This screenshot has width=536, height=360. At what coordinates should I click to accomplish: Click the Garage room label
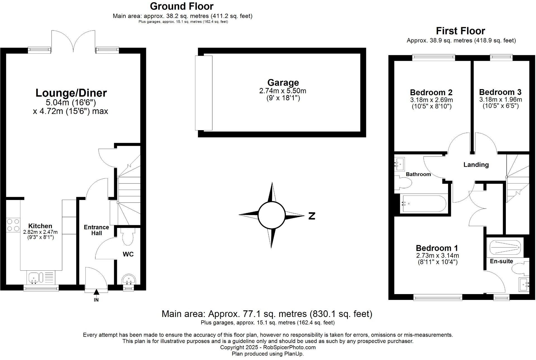(x=283, y=83)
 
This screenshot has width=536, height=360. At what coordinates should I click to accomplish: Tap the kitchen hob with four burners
(x=13, y=225)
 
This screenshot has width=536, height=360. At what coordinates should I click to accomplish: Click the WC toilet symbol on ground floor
(x=128, y=236)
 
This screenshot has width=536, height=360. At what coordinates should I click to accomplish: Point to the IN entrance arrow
(x=96, y=292)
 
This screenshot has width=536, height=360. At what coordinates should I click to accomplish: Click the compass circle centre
(x=271, y=215)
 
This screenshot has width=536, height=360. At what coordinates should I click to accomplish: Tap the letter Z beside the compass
(x=312, y=216)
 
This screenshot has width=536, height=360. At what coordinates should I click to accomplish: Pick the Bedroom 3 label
(x=500, y=92)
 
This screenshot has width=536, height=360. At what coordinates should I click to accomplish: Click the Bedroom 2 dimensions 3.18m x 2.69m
(x=431, y=100)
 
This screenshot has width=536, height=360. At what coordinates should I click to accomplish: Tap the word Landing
(x=476, y=165)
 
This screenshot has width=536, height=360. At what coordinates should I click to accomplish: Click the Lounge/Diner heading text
(x=71, y=93)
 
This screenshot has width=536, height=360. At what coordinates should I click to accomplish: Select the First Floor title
(x=460, y=31)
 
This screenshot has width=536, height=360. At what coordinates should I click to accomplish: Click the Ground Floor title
(x=181, y=6)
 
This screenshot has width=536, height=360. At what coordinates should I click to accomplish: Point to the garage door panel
(x=204, y=93)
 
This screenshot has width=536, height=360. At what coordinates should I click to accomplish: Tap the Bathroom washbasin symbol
(x=400, y=164)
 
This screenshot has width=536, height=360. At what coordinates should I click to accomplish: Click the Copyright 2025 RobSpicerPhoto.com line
(x=268, y=347)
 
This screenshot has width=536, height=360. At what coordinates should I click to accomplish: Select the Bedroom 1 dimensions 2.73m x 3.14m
(x=437, y=256)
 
